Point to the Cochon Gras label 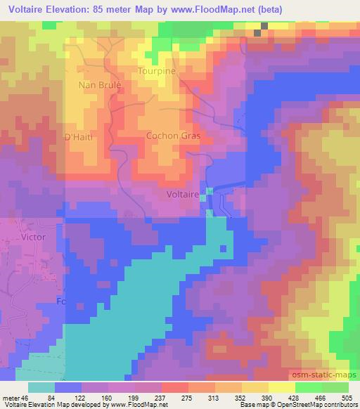click(x=173, y=136)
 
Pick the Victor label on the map click(x=33, y=237)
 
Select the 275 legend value click(x=187, y=397)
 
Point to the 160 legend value click(x=107, y=397)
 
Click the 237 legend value click(x=160, y=397)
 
